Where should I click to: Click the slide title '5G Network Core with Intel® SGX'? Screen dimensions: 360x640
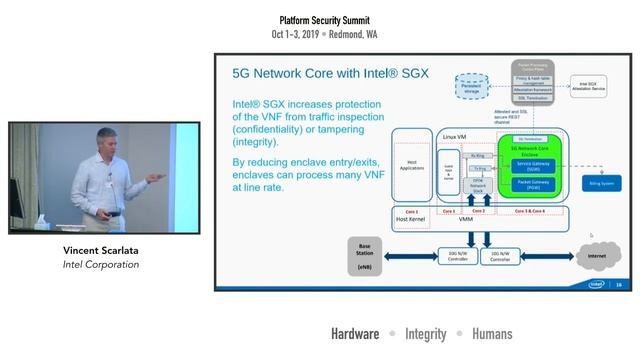pyautogui.click(x=317, y=73)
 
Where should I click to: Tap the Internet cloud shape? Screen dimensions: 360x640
pyautogui.click(x=596, y=254)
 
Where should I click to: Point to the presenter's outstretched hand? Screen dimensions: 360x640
pyautogui.click(x=153, y=173)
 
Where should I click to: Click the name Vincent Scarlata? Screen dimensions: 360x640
pyautogui.click(x=97, y=250)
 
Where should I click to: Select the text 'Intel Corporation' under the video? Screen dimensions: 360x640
pyautogui.click(x=97, y=265)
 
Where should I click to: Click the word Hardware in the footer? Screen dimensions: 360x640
pyautogui.click(x=355, y=334)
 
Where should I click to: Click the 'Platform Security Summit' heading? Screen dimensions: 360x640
pyautogui.click(x=324, y=19)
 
